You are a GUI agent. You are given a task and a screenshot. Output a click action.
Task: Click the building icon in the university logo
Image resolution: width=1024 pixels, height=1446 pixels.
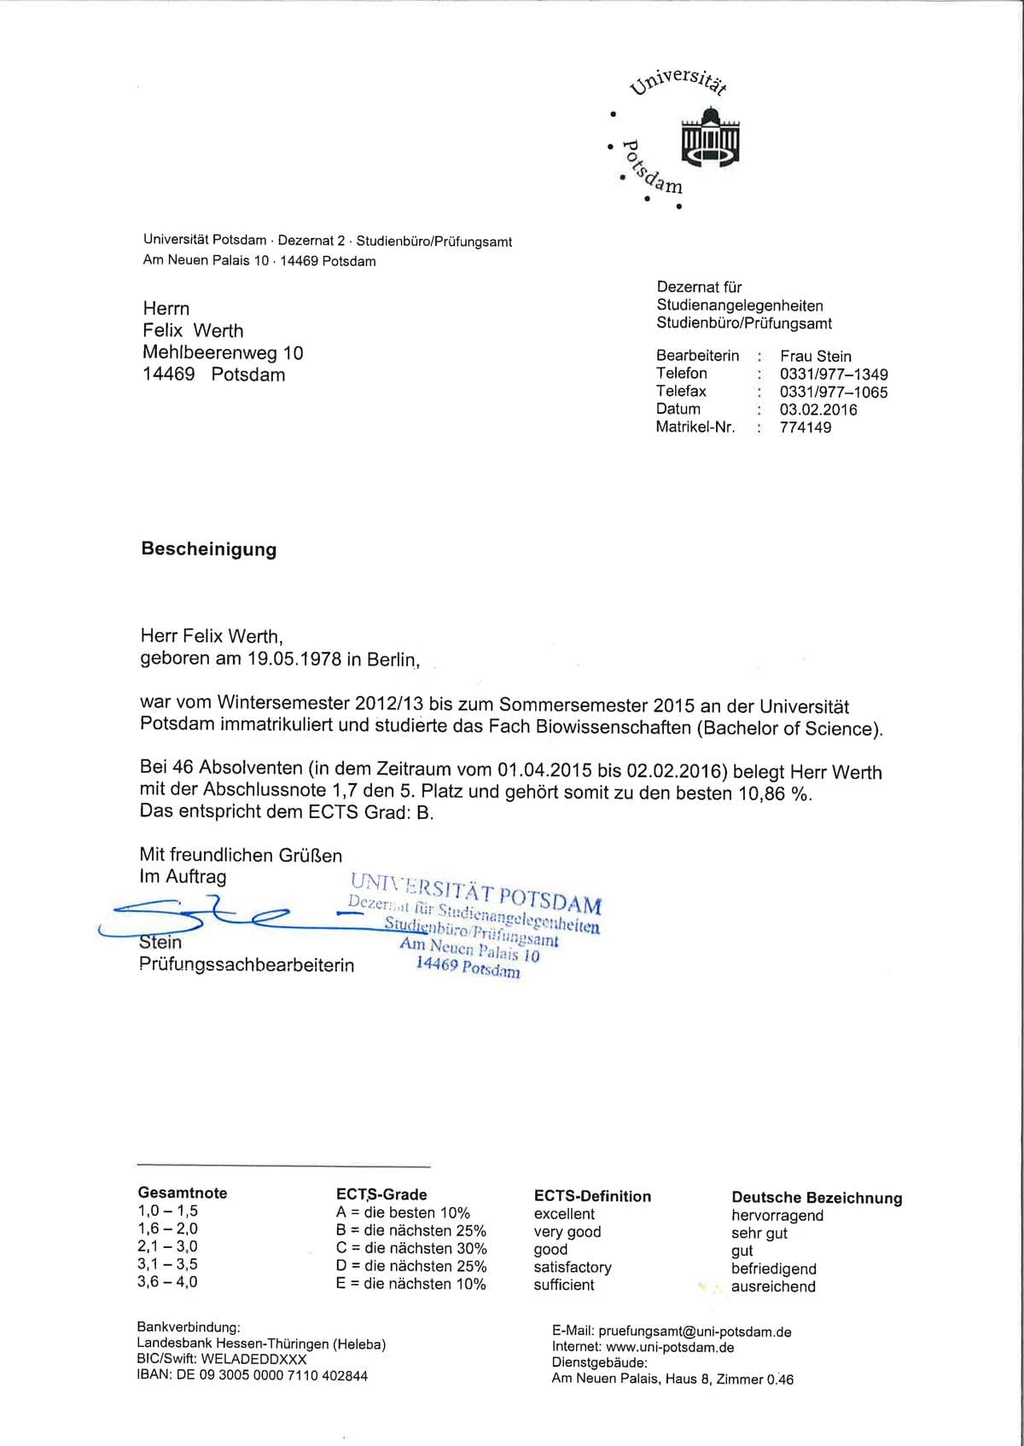[x=710, y=136]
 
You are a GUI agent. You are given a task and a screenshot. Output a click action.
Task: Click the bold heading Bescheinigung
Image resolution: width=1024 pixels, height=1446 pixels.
[x=209, y=549]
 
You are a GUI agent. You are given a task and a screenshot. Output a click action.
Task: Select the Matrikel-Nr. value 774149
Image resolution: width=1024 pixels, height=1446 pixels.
[x=805, y=427]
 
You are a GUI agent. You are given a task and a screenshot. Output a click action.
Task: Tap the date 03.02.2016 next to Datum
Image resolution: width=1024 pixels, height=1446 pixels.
[x=817, y=409]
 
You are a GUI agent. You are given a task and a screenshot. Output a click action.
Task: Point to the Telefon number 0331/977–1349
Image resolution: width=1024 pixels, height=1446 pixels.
[x=833, y=375]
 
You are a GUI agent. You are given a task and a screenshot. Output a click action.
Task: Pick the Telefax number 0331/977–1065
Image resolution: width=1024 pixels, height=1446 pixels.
[x=833, y=392]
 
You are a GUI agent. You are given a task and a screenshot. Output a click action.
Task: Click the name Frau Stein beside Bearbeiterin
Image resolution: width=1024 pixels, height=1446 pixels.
[x=815, y=357]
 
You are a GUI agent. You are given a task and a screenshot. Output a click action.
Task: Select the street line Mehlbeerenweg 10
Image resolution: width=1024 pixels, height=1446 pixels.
[x=223, y=353]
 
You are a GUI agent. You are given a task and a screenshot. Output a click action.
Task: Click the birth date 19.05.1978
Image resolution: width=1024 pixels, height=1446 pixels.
[x=294, y=659]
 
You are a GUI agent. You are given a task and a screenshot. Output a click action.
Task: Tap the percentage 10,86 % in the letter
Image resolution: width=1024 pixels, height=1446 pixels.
[x=772, y=793]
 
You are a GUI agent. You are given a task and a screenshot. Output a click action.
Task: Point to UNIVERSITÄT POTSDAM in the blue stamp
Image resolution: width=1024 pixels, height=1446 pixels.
[x=475, y=892]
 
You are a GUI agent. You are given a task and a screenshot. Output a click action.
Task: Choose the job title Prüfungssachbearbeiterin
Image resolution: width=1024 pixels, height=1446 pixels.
[x=247, y=965]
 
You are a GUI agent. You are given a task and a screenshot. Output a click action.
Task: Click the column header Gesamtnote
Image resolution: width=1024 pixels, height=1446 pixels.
[x=183, y=1193]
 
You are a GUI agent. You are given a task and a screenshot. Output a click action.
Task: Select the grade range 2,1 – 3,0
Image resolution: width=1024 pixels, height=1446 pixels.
[x=167, y=1246]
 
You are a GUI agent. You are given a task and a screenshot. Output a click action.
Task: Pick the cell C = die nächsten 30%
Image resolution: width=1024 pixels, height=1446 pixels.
[x=411, y=1248]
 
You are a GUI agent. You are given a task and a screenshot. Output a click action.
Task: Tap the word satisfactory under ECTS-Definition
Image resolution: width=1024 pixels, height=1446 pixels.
[x=573, y=1268]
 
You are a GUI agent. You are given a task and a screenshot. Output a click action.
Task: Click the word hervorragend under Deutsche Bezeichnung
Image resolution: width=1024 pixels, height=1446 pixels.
[x=777, y=1216]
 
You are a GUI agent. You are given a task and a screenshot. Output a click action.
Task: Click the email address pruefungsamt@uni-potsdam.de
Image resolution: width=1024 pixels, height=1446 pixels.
[x=695, y=1332]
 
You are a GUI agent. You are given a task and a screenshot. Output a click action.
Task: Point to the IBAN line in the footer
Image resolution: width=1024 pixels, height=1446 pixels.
[x=253, y=1375]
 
